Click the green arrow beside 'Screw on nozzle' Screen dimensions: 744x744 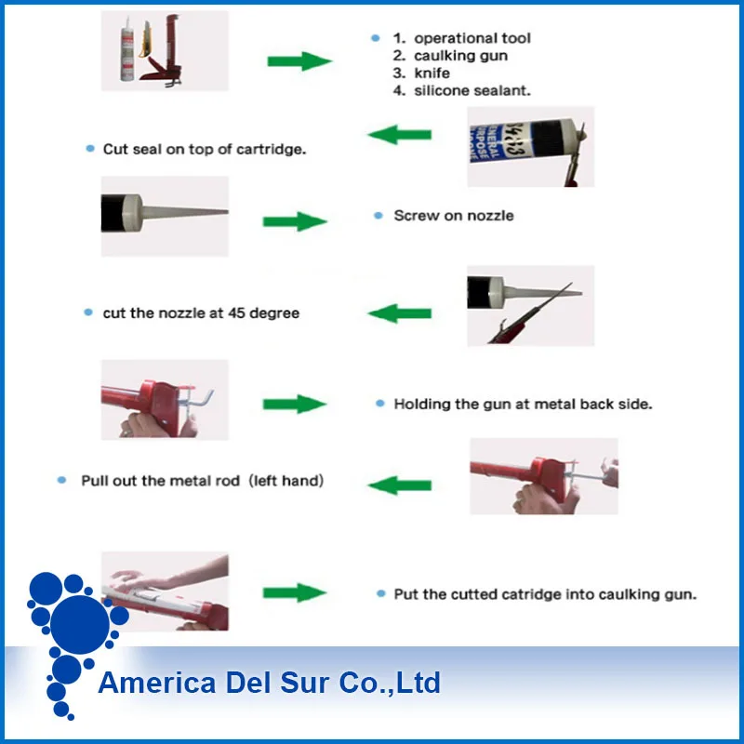pos(295,222)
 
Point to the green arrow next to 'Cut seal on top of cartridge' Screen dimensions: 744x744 pos(400,136)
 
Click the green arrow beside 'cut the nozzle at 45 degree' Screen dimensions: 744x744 pos(400,313)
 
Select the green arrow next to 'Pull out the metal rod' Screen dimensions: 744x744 pos(400,484)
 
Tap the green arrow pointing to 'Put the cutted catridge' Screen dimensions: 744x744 pos(295,592)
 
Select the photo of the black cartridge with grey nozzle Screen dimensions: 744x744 pos(165,216)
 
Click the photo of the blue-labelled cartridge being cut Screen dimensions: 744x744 pos(529,146)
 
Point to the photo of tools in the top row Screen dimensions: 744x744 pos(165,51)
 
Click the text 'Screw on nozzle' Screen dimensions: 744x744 pos(454,216)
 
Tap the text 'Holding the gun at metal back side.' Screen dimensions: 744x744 pos(524,404)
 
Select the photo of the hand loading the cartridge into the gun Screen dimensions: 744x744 pos(165,592)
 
